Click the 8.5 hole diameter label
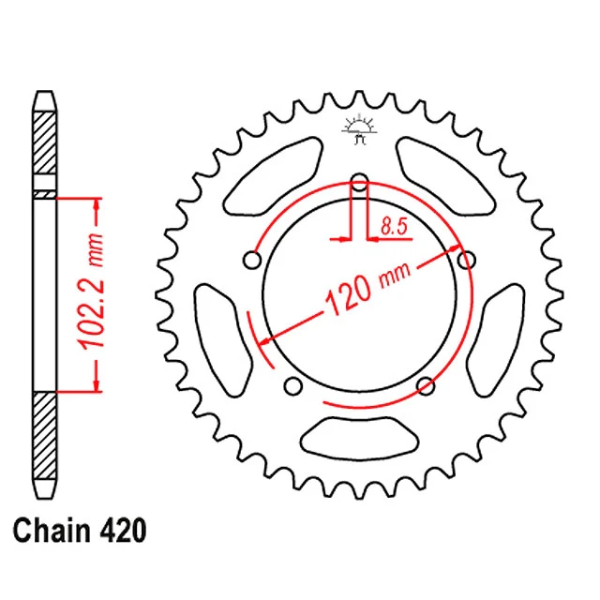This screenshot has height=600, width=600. (394, 227)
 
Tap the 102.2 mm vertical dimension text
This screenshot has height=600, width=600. (90, 291)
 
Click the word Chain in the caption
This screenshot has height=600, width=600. (51, 531)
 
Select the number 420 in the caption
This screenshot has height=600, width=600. (123, 531)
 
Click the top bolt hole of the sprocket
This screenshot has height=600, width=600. (359, 183)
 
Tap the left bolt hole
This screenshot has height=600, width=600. (252, 261)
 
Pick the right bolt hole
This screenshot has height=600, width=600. (467, 261)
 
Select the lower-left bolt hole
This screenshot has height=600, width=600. (293, 385)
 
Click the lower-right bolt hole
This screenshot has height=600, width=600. (426, 385)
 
